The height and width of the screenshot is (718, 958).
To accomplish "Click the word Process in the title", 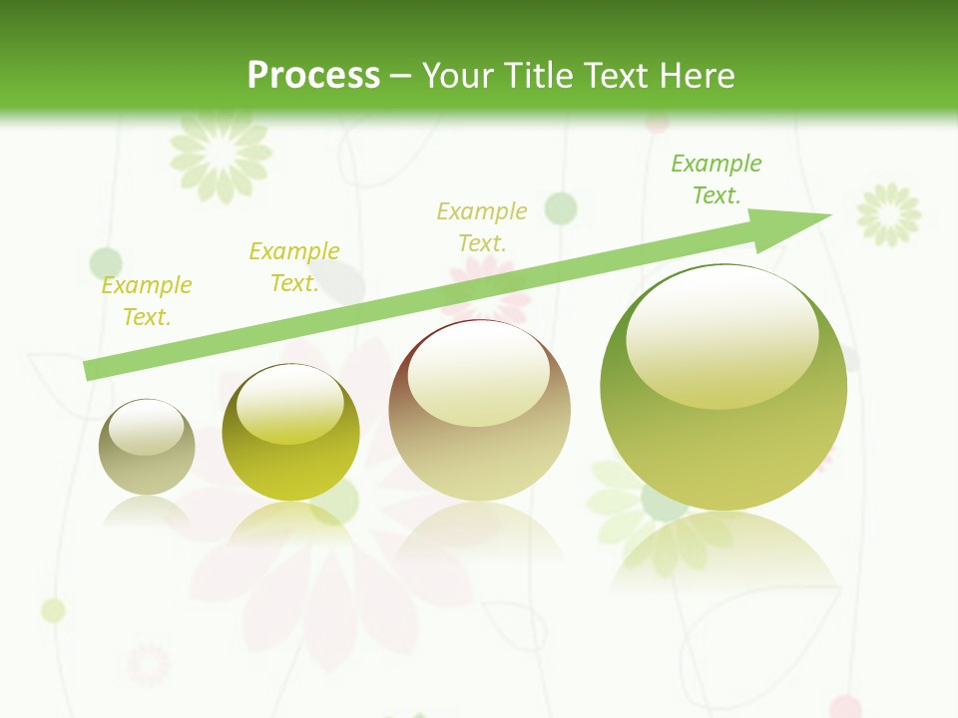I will coord(313,76).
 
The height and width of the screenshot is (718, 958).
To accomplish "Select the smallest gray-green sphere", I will coord(147,448).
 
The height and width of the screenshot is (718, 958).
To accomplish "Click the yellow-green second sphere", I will coord(290,433).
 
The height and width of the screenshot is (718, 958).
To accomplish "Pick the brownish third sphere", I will coord(479,411).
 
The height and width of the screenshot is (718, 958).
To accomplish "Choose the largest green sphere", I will coord(723,387).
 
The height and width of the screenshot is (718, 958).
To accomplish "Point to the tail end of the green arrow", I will coord(92,370).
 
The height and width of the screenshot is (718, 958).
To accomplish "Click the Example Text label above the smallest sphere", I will coord(147,301).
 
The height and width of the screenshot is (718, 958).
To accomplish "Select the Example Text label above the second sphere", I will coord(294,267).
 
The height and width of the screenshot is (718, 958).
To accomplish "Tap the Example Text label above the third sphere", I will coord(482,226).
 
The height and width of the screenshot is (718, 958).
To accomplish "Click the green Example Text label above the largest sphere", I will coord(716,179).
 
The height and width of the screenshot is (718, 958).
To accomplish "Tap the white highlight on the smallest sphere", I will coord(146,427).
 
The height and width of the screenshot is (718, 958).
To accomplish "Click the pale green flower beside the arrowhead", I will coord(889,213).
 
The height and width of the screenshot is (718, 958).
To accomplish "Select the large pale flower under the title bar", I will coord(221,153).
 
